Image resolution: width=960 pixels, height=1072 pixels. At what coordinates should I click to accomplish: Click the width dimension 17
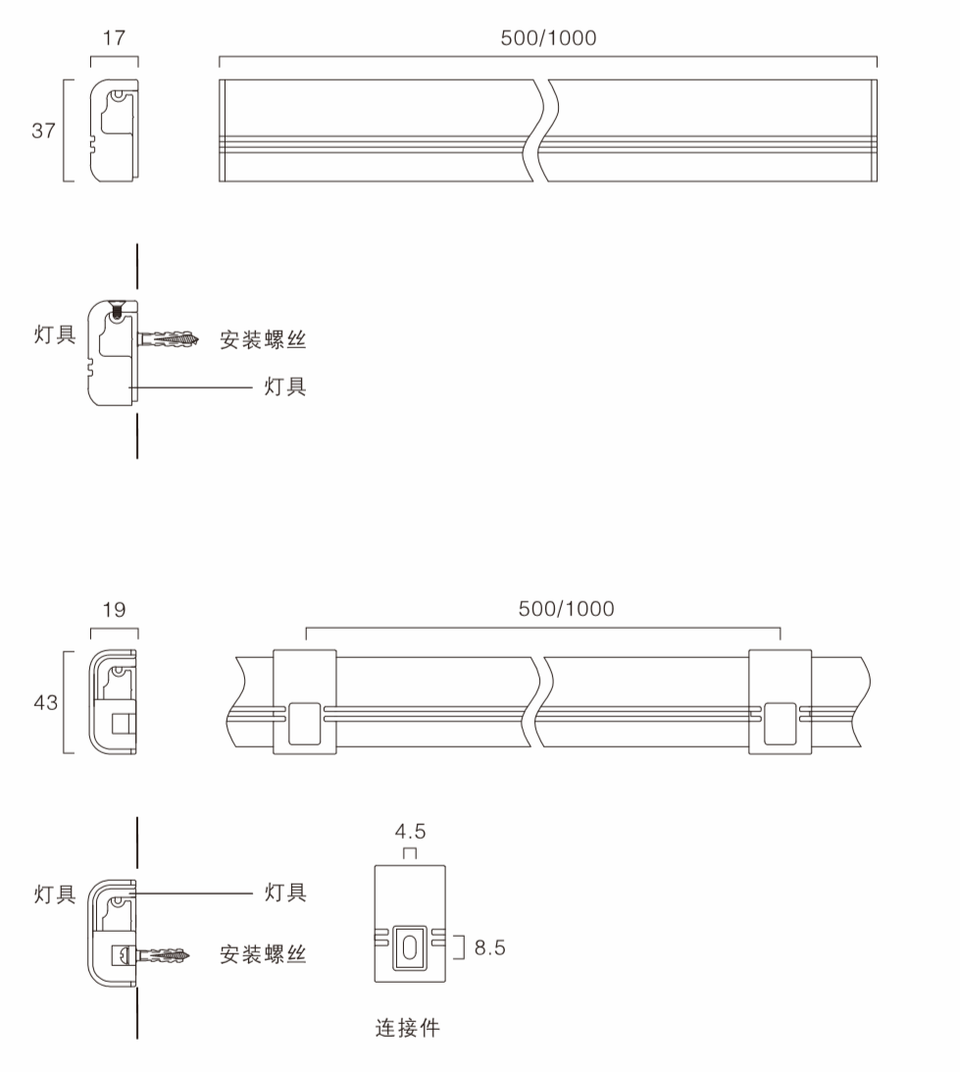tap(114, 37)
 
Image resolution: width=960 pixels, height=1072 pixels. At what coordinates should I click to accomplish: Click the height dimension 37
tap(44, 130)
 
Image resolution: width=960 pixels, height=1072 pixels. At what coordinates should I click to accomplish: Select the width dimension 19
tap(114, 609)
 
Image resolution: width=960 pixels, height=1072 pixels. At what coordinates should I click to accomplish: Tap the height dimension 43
tap(46, 702)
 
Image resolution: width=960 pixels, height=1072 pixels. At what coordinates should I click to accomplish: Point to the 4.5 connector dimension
tap(410, 832)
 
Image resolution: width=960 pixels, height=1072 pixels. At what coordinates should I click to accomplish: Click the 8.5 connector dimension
tap(490, 947)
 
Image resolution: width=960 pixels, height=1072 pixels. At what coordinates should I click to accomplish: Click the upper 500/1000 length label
tap(548, 37)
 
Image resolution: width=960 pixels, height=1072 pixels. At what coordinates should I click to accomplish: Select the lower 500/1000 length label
tap(566, 608)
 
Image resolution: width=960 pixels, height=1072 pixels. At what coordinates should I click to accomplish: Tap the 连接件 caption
tap(408, 1028)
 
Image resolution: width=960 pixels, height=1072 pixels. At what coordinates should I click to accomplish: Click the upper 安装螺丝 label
tap(263, 339)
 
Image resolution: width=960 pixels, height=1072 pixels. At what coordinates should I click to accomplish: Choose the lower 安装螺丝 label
tap(263, 954)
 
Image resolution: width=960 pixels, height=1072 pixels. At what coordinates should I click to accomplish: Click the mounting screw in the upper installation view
tap(169, 338)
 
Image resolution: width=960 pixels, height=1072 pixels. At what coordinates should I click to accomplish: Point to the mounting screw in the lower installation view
tap(164, 955)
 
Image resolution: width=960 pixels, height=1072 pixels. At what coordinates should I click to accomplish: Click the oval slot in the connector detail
tap(410, 949)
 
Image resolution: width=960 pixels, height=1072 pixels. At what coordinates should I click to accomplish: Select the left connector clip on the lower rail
tap(304, 702)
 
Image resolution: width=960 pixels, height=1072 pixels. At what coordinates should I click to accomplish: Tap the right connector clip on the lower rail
tap(781, 702)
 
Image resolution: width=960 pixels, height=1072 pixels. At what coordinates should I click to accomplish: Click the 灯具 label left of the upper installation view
tap(55, 335)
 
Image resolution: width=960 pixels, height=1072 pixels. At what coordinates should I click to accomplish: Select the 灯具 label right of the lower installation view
tap(285, 893)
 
